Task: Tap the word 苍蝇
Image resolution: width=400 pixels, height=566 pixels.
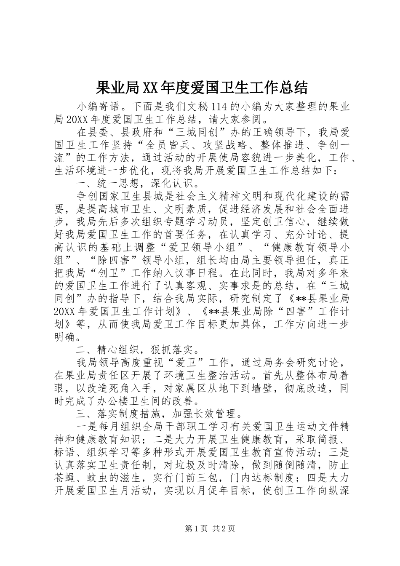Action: pyautogui.click(x=66, y=477)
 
